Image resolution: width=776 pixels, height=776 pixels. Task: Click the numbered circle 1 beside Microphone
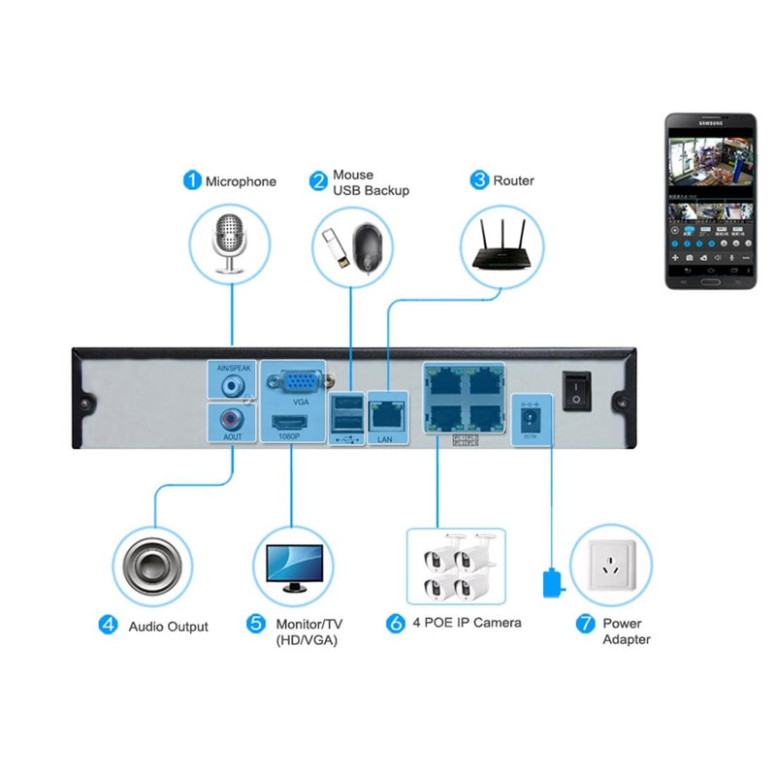pos(192,180)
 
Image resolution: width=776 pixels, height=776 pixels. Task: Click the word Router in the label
pos(514,180)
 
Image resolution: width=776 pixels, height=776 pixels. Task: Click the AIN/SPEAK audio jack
pos(232,385)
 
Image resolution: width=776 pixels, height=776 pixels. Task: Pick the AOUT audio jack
pos(232,420)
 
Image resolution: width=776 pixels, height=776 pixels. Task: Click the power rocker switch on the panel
pos(576,391)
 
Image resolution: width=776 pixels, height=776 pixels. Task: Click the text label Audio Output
pos(169,627)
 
